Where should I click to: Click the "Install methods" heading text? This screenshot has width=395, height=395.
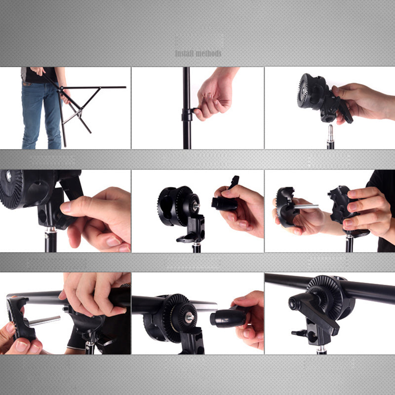click(x=198, y=53)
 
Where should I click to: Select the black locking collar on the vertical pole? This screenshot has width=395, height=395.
click(x=186, y=115)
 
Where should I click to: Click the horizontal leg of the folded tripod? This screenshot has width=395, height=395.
click(x=99, y=87)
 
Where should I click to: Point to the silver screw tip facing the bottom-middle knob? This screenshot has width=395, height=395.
click(x=190, y=317)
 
